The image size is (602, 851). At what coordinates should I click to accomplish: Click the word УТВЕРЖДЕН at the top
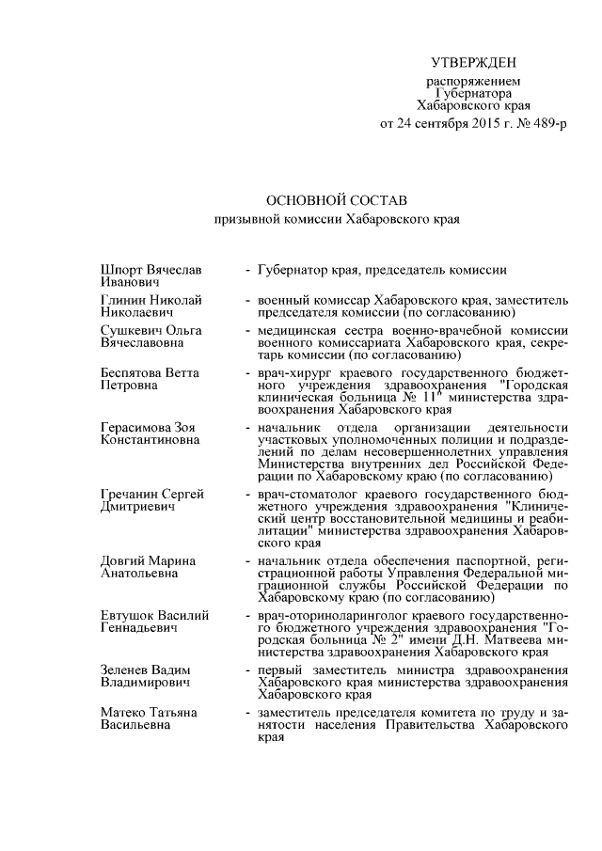473,63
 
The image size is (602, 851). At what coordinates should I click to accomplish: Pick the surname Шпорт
119,270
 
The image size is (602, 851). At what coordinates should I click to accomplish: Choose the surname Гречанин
129,494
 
